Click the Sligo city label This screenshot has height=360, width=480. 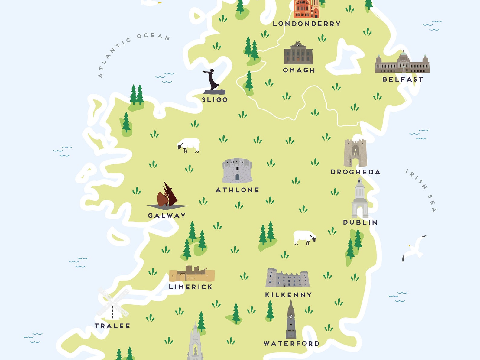[x=215, y=100]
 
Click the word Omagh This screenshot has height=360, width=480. [x=299, y=70]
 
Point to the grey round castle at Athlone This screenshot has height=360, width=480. [x=237, y=170]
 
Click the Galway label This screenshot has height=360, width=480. [x=167, y=216]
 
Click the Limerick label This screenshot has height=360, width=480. [x=190, y=287]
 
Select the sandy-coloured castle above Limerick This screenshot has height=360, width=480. [x=192, y=274]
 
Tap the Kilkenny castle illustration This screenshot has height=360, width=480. [x=287, y=278]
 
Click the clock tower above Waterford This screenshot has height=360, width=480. [x=291, y=320]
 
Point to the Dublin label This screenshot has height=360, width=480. [x=360, y=222]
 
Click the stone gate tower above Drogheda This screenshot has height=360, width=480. [x=355, y=153]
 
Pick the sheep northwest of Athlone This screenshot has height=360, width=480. [x=189, y=145]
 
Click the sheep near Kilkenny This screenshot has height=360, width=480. [x=305, y=238]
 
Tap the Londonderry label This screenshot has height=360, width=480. [x=306, y=24]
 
